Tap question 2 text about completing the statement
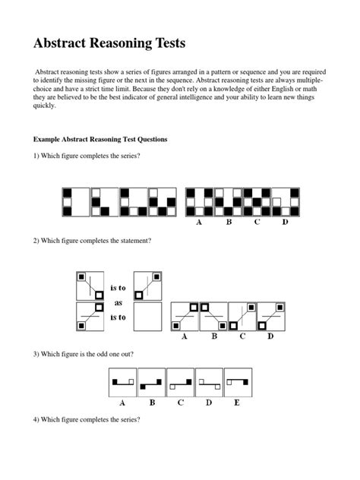(92, 240)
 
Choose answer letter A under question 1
(199, 223)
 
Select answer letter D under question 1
(285, 223)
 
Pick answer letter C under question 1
(257, 223)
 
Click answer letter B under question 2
(213, 337)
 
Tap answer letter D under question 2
(270, 337)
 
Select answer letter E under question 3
(236, 403)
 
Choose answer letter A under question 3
(123, 403)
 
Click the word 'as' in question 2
(118, 302)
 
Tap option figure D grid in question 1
(286, 202)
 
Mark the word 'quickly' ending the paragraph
(44, 107)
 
